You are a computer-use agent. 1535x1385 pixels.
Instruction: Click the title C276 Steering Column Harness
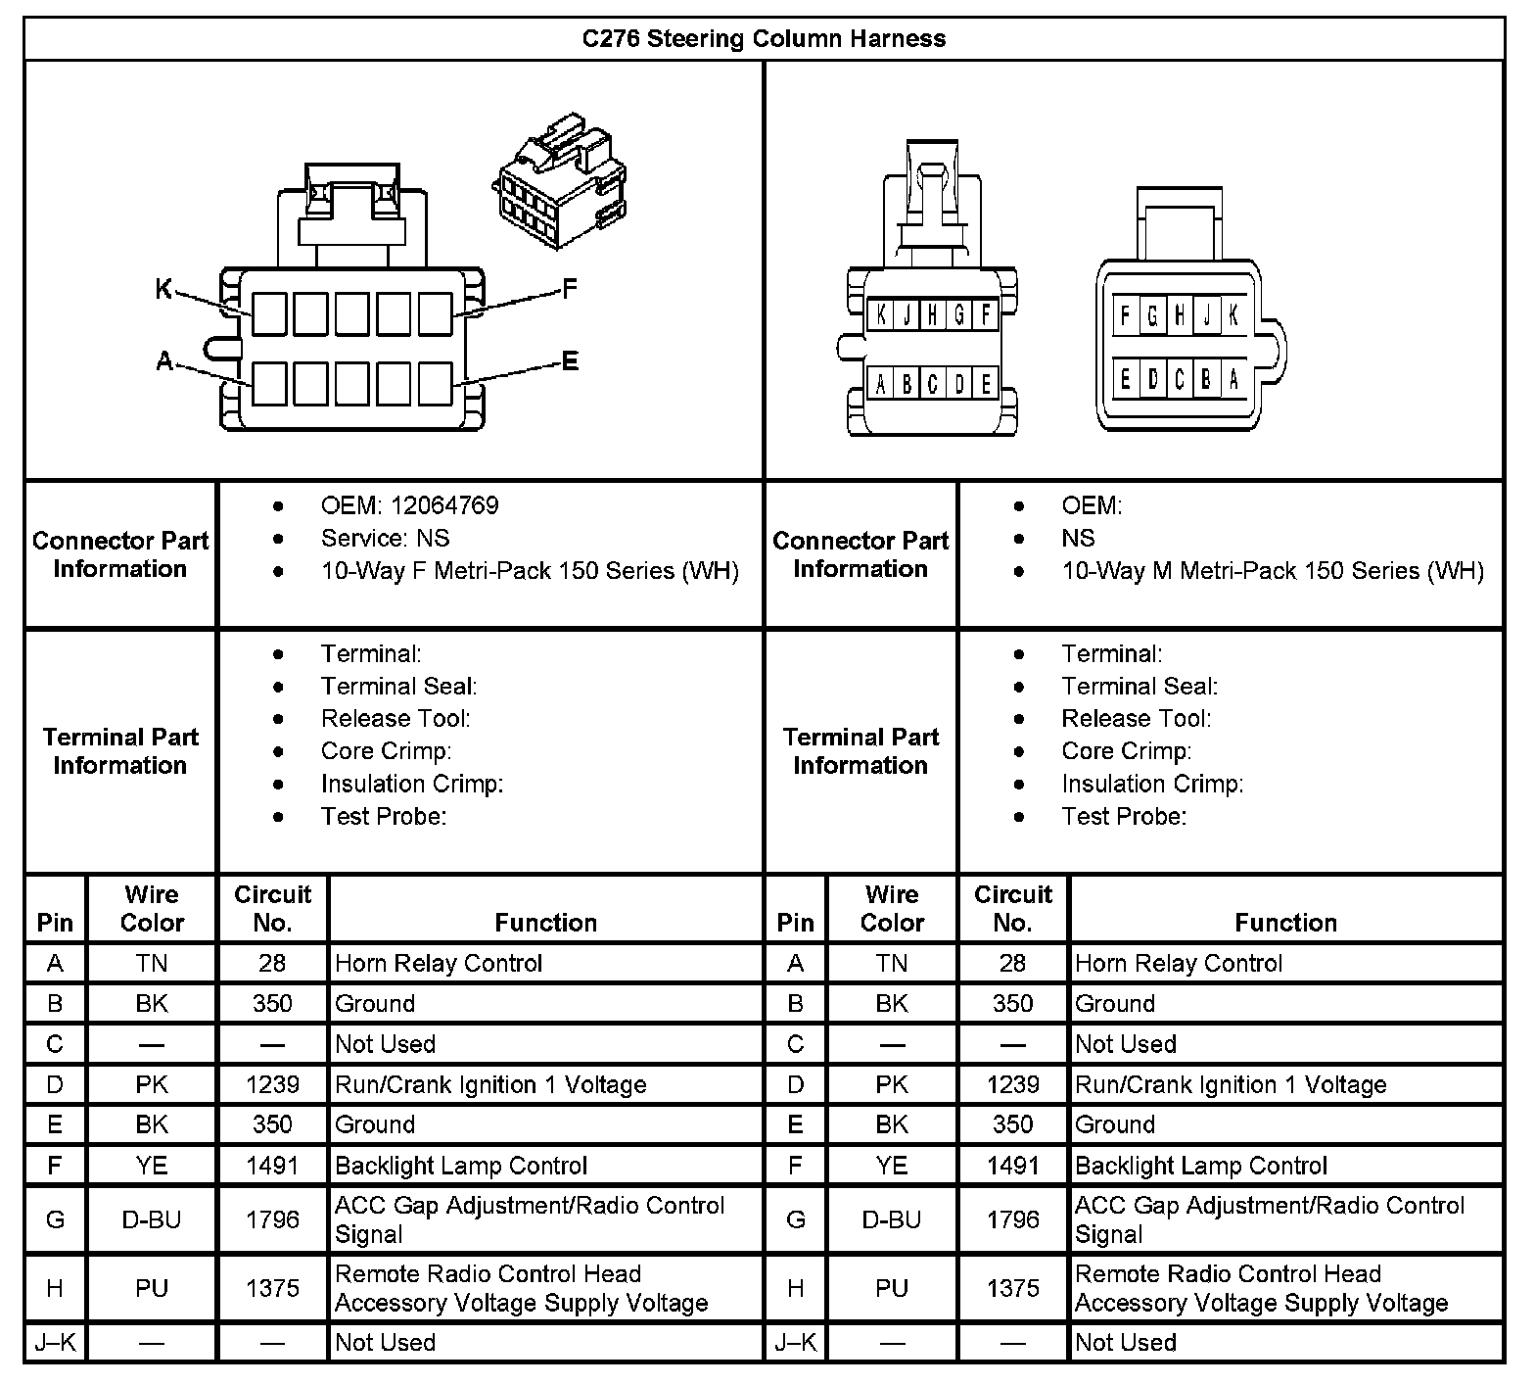click(764, 39)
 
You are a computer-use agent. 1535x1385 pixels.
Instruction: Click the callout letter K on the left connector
click(164, 289)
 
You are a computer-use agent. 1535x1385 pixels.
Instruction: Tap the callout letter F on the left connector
click(570, 289)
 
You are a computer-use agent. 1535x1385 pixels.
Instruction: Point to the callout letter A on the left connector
click(164, 362)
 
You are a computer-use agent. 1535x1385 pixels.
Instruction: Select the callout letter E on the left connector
click(570, 361)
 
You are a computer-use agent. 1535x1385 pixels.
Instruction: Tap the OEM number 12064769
click(444, 505)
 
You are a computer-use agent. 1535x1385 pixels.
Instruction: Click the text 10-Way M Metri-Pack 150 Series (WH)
click(1273, 570)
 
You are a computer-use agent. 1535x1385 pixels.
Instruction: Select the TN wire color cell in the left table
click(152, 964)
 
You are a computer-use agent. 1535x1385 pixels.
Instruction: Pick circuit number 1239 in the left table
click(272, 1084)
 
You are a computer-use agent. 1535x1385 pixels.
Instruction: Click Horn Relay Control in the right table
click(1179, 964)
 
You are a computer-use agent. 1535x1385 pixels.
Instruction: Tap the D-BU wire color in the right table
click(892, 1219)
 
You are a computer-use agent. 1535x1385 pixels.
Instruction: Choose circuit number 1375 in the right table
click(1012, 1288)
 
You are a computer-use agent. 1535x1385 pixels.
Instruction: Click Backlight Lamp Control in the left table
click(461, 1166)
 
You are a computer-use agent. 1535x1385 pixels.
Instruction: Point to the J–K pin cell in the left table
click(55, 1343)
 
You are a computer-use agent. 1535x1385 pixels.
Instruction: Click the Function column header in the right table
click(1285, 923)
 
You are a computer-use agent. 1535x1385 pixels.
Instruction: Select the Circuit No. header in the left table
click(272, 908)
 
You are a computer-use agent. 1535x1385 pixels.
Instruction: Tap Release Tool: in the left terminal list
click(395, 718)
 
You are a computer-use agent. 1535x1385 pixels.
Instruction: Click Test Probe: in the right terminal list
click(1124, 816)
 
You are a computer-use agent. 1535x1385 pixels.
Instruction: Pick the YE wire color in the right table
click(892, 1166)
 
